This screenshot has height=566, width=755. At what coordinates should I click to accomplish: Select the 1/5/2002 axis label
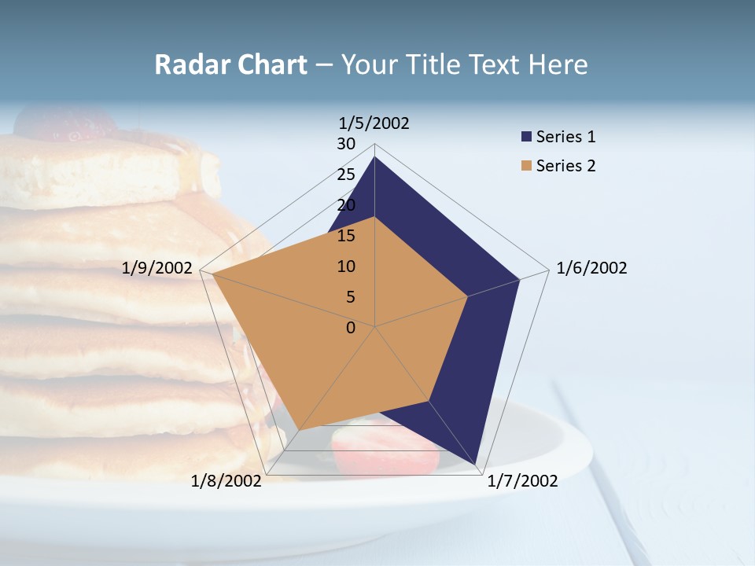point(374,123)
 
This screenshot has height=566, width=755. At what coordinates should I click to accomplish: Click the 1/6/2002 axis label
point(591,268)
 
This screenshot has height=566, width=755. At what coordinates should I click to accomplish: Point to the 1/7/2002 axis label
point(522,481)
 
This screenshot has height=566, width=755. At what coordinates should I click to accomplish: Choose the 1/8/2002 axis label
point(226,481)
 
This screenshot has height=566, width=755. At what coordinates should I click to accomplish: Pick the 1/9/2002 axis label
point(157,268)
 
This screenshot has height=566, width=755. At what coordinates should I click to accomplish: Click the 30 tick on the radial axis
point(346,144)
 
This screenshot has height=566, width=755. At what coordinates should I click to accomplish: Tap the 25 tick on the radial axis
point(346,175)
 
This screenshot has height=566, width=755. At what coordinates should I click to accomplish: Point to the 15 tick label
point(346,236)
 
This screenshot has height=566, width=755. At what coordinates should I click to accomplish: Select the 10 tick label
point(346,266)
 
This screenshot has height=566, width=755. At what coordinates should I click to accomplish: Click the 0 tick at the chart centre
point(351,328)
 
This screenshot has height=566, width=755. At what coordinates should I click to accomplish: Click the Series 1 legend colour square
point(526,137)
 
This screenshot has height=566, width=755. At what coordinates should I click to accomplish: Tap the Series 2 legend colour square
point(526,166)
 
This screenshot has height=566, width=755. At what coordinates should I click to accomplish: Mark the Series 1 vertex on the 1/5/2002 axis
point(374,157)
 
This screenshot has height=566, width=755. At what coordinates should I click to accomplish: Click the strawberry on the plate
point(384,451)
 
